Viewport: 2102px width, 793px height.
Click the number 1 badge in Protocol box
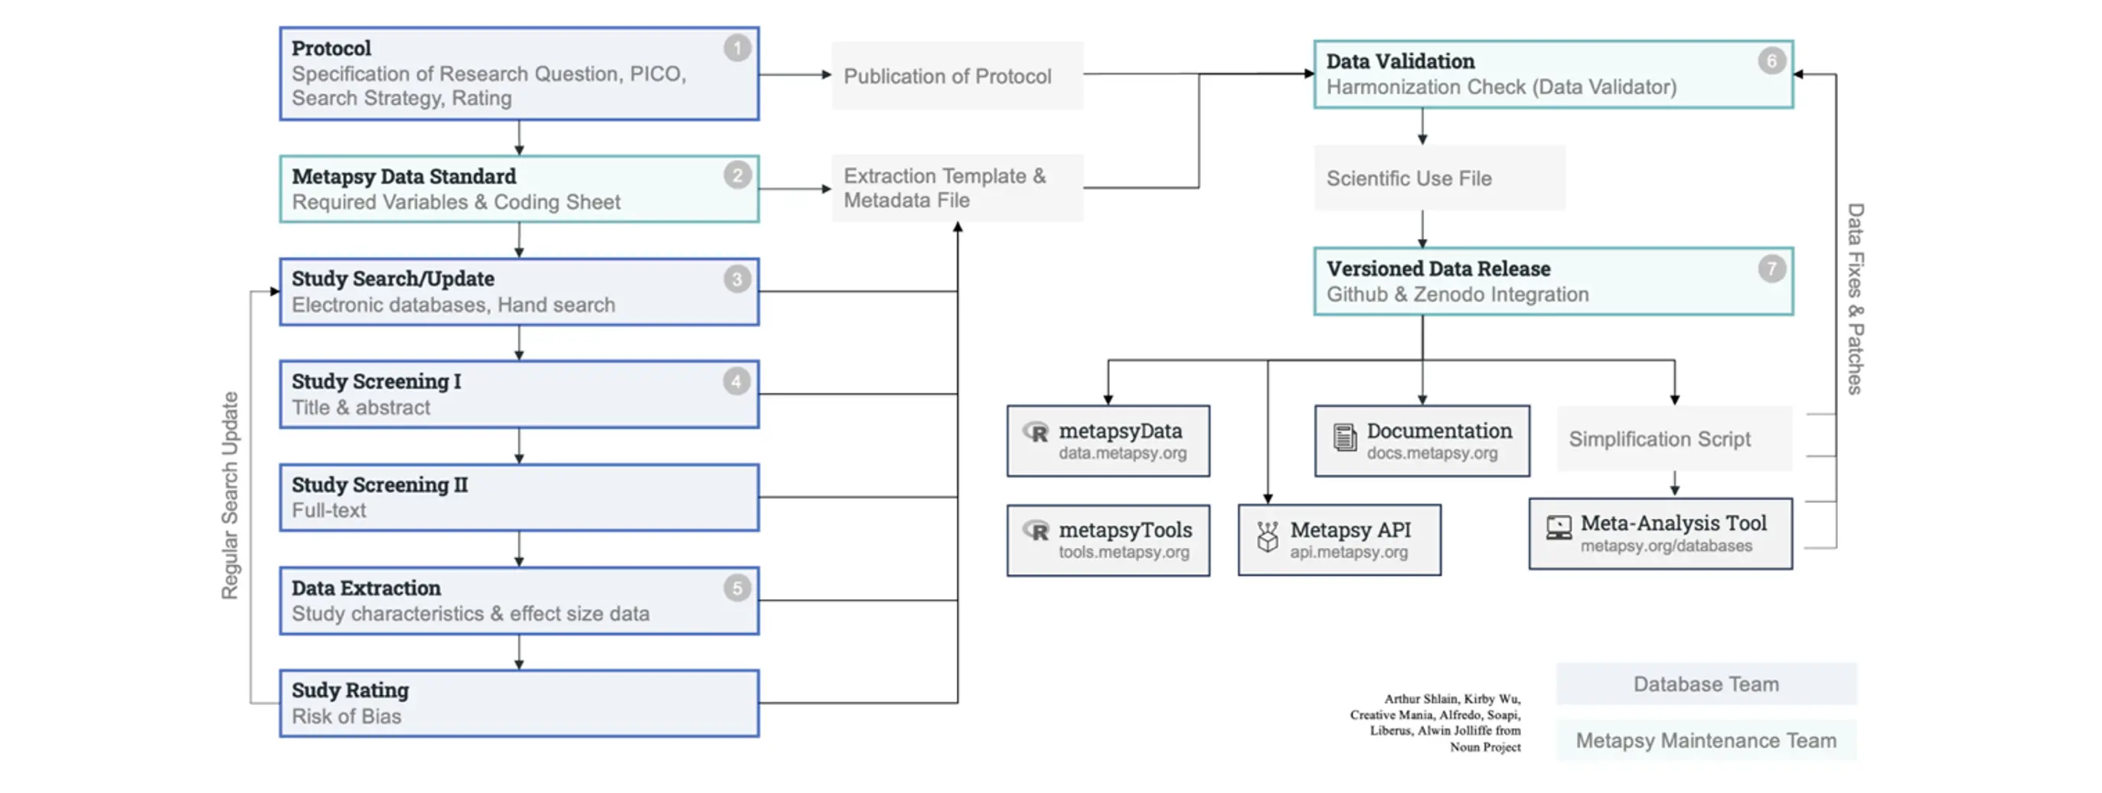click(x=737, y=49)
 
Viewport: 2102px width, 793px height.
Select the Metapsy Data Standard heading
click(x=404, y=176)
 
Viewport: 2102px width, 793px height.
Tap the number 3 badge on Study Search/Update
click(x=737, y=280)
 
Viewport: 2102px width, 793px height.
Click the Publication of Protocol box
click(x=956, y=76)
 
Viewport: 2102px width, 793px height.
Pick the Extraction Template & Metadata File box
click(x=956, y=188)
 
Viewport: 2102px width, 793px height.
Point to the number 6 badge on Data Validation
click(x=1771, y=61)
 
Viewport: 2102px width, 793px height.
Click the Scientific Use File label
click(x=1408, y=178)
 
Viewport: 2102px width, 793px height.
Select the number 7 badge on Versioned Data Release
click(x=1771, y=269)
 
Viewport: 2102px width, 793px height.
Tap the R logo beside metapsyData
click(x=1036, y=432)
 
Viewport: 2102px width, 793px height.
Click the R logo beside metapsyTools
click(x=1036, y=532)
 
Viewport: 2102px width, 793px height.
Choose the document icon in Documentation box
click(x=1344, y=437)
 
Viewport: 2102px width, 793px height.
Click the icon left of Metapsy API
click(x=1267, y=537)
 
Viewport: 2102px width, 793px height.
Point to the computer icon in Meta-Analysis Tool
click(x=1558, y=528)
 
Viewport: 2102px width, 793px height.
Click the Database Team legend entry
click(x=1705, y=684)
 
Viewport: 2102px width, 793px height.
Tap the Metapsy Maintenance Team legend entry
click(x=1705, y=740)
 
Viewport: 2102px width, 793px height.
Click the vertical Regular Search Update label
click(x=230, y=495)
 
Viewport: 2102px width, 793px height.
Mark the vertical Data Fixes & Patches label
click(x=1855, y=299)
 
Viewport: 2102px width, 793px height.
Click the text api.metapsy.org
click(x=1348, y=553)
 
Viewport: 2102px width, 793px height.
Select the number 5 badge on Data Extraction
click(x=737, y=588)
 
